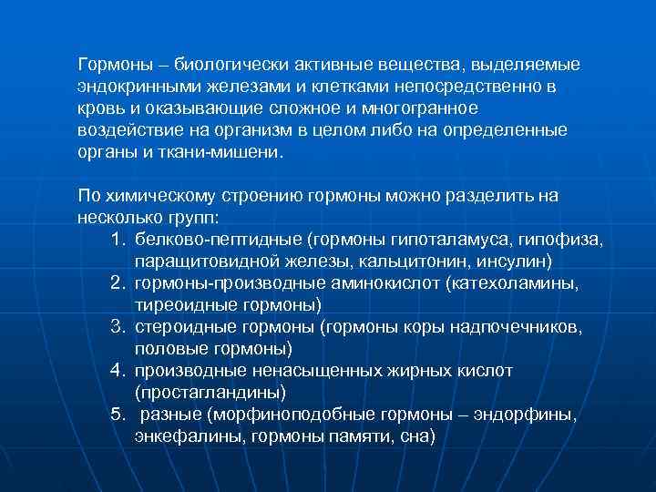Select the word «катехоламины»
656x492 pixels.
[518, 283]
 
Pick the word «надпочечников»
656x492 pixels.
[524, 327]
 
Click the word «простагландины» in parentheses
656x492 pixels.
[210, 393]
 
